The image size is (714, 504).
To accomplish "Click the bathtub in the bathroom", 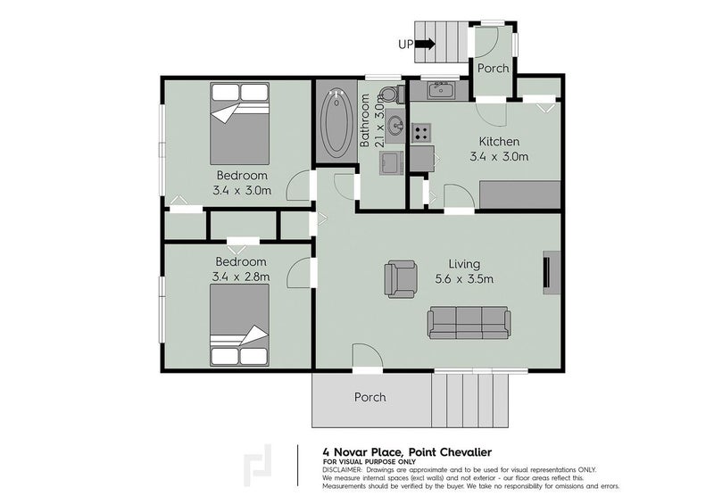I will pos(336,121).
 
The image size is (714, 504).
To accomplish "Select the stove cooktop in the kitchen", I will pos(420,132).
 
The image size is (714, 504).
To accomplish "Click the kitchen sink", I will pos(440,89).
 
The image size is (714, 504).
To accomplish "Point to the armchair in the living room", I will pos(400,278).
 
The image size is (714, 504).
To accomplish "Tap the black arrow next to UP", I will pos(425,43).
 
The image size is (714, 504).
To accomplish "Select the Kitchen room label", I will pos(499,142).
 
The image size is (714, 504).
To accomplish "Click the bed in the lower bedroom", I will pos(239,325).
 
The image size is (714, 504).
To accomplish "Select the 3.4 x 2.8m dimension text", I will pos(241,277).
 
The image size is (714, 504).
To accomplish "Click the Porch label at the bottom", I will pos(370,397).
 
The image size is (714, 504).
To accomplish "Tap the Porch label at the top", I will pos(493,69).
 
